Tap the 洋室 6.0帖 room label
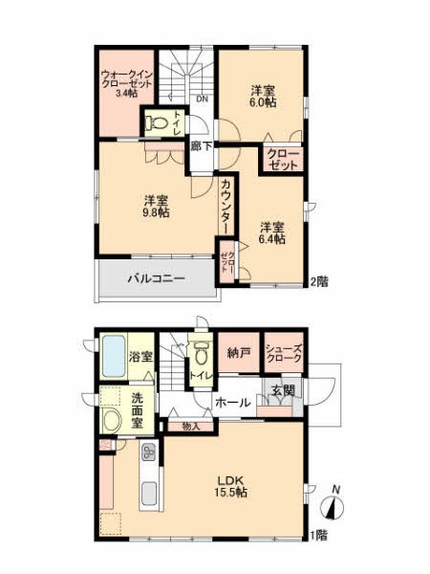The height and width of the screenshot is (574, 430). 265,97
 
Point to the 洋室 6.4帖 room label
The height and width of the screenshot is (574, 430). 272,232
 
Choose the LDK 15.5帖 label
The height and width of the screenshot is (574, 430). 230,485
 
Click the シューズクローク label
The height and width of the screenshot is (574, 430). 284,353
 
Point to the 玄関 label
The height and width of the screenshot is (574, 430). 282,390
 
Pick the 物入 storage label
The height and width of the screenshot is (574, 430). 191,426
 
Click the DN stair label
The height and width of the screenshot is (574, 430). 202,99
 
